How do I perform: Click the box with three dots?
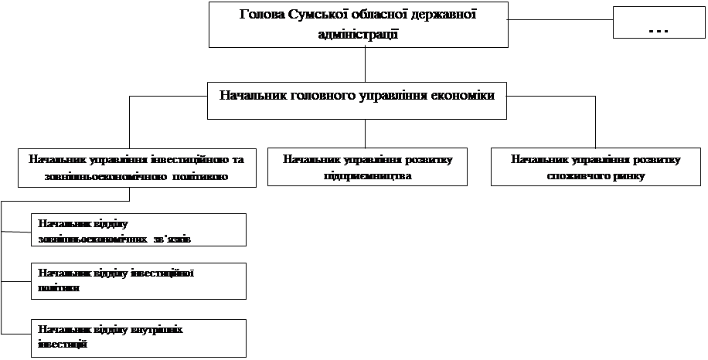pyautogui.click(x=659, y=22)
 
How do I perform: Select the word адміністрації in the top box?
pyautogui.click(x=358, y=33)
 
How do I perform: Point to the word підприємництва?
pyautogui.click(x=367, y=176)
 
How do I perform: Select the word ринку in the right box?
pyautogui.click(x=627, y=176)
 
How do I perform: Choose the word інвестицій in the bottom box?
pyautogui.click(x=61, y=343)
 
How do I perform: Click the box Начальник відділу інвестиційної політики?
pyautogui.click(x=139, y=280)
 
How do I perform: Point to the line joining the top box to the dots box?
pyautogui.click(x=561, y=18)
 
